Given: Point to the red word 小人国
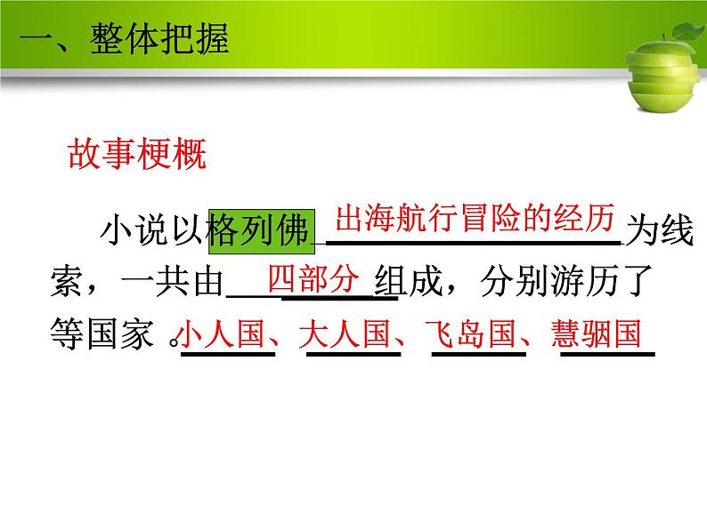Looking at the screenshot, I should point(223,335).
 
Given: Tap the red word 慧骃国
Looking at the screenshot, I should point(596,335).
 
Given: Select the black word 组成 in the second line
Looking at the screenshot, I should point(410,284).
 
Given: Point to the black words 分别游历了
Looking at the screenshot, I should point(569,284).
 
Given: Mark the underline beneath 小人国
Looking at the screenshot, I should point(228,354).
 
